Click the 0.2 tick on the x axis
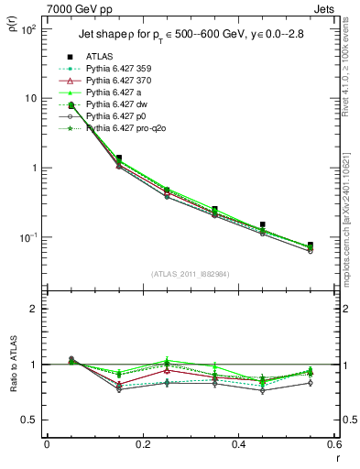point(142,444)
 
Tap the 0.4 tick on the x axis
point(238,444)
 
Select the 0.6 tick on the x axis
point(333,444)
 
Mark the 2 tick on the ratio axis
point(33,309)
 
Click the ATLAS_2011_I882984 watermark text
point(191,273)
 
